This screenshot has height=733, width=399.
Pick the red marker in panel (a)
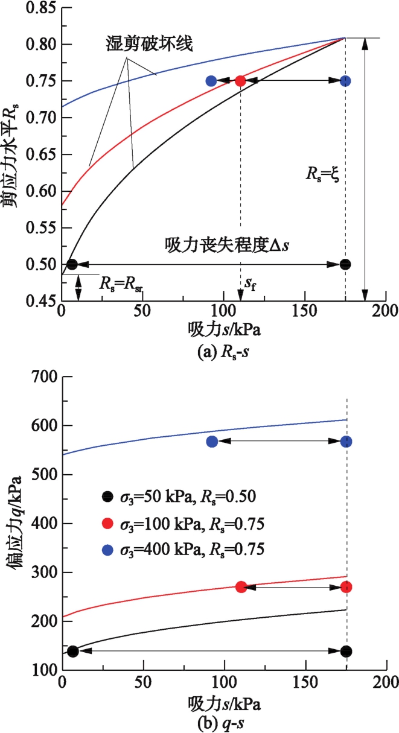coord(240,81)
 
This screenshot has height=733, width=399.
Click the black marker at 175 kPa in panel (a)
coord(345,264)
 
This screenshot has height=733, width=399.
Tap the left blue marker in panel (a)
coord(211,81)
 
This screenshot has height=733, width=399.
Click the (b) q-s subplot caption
coord(222,722)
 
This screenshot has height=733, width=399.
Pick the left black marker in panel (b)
coord(73,651)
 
